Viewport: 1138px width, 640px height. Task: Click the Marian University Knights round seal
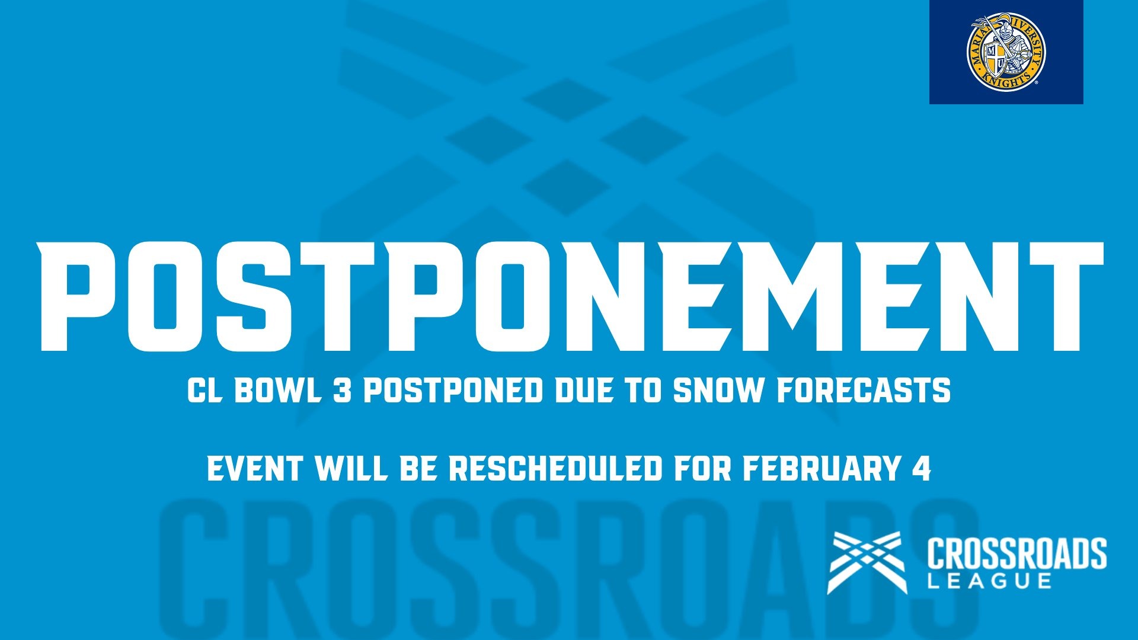(1006, 52)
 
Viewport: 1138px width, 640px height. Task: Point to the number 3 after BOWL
(342, 391)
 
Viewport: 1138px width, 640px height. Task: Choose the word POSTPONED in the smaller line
(453, 391)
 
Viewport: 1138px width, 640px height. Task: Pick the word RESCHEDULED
(555, 469)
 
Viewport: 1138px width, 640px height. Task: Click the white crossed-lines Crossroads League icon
(867, 562)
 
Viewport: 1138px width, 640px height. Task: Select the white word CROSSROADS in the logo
(1016, 553)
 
